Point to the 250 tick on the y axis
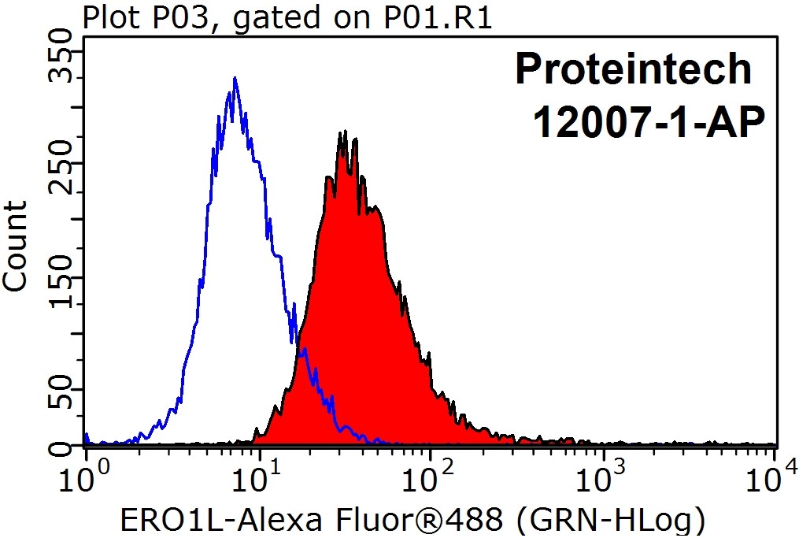(x=61, y=174)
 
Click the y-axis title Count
(x=16, y=246)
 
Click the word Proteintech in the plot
(x=634, y=69)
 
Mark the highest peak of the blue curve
(x=235, y=78)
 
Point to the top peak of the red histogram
(x=342, y=132)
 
